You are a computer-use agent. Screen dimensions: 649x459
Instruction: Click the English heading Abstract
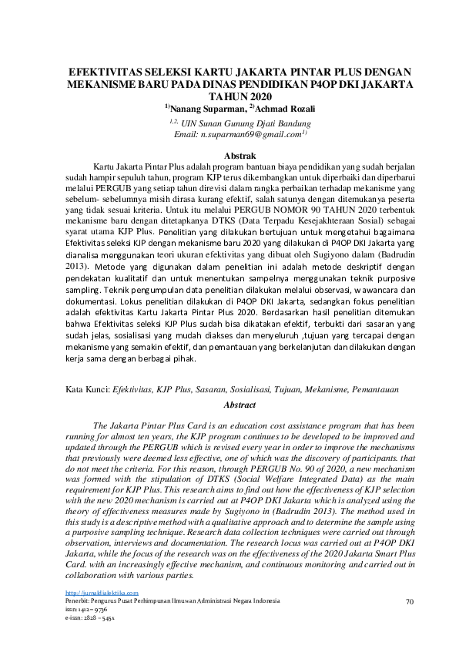239,404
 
